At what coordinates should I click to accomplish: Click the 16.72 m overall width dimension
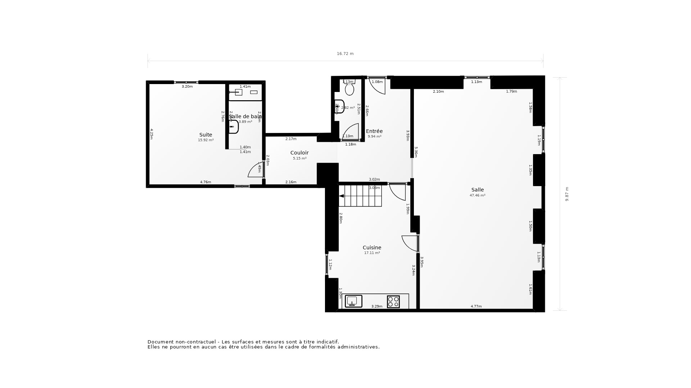point(345,54)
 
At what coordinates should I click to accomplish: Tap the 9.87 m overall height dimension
point(567,194)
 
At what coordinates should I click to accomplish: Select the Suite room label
point(206,135)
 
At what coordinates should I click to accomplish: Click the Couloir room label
point(299,153)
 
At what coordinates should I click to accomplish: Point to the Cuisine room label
point(372,248)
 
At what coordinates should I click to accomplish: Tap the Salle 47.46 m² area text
point(477,195)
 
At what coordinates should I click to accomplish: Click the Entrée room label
point(374,131)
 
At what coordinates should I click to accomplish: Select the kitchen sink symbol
point(353,301)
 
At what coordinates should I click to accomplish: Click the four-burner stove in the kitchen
point(393,301)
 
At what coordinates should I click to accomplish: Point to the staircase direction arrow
point(342,196)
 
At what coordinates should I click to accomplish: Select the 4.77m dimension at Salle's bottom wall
point(476,306)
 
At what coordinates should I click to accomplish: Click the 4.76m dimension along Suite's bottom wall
point(206,182)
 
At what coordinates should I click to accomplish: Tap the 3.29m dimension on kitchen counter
point(376,306)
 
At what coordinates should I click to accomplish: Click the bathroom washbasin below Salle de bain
point(233,127)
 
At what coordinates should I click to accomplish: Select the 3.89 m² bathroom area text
point(245,122)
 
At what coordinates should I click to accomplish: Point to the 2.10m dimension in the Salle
point(438,92)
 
